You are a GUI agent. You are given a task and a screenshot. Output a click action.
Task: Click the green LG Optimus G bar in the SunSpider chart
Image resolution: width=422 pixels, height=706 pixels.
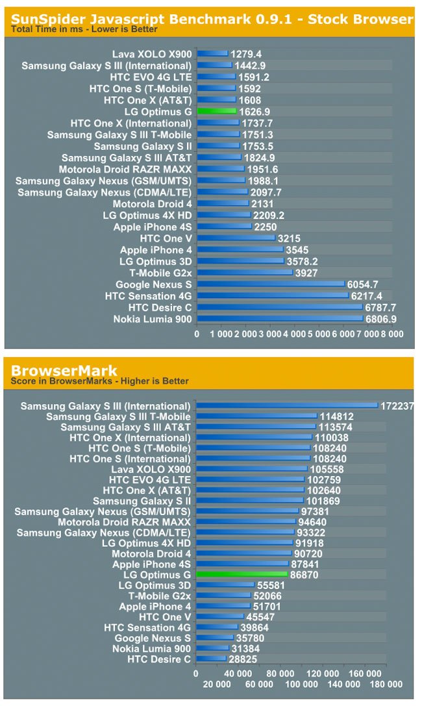(x=217, y=112)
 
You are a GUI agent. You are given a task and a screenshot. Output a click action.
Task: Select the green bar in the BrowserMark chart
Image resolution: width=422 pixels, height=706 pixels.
(x=242, y=574)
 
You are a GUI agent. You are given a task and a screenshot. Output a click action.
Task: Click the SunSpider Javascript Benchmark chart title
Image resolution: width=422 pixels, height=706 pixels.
(x=212, y=18)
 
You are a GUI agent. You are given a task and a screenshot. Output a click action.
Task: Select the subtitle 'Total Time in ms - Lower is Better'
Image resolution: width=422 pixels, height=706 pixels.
(x=84, y=29)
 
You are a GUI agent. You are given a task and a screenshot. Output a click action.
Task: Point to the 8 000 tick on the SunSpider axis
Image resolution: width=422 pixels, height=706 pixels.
(x=391, y=333)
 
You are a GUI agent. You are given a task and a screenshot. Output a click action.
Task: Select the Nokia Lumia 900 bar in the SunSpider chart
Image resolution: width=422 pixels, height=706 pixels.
(x=280, y=319)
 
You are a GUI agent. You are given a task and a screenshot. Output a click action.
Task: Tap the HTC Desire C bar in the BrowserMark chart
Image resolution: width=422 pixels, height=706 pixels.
(x=211, y=659)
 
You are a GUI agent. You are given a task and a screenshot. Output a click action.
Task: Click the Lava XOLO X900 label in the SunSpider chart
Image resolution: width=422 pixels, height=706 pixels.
(x=152, y=54)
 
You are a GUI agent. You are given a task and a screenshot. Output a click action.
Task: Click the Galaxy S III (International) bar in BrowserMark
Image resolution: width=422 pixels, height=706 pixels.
(x=286, y=406)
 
